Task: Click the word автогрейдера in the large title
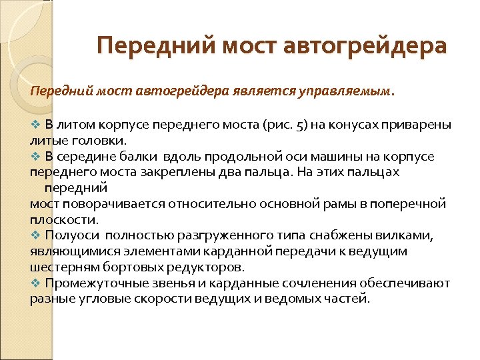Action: [x=365, y=46]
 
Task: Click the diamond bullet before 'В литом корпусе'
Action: [x=35, y=125]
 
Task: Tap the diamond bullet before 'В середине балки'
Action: [x=35, y=157]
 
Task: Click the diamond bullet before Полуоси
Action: [x=35, y=235]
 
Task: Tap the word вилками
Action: [x=409, y=235]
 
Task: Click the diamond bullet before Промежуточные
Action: [x=35, y=283]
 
